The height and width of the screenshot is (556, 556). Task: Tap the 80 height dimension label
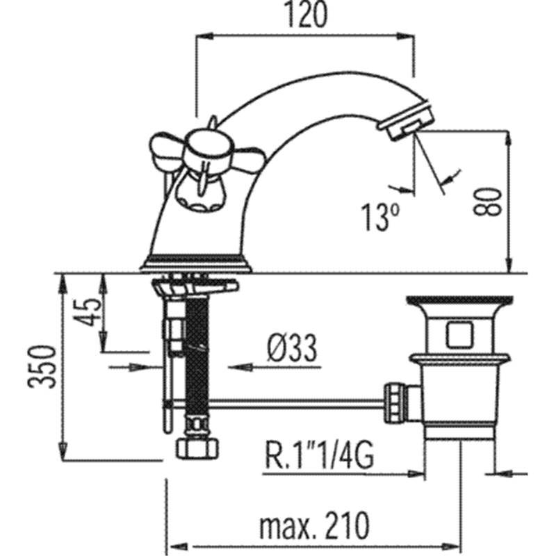[488, 202]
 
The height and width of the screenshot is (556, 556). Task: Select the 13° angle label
[380, 217]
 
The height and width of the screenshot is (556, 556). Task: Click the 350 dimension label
[42, 366]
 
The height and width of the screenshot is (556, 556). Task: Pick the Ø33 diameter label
[292, 348]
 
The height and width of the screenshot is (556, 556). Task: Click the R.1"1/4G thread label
[319, 456]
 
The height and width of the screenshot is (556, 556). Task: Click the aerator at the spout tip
[407, 120]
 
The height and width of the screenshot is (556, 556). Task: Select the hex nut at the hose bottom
[197, 448]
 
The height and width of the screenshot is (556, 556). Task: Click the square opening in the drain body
[459, 335]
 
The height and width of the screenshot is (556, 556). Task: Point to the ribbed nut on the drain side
[394, 402]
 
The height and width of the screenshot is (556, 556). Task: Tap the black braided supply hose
[196, 358]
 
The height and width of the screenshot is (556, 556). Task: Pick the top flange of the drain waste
[459, 301]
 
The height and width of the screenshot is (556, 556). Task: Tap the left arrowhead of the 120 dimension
[204, 35]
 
